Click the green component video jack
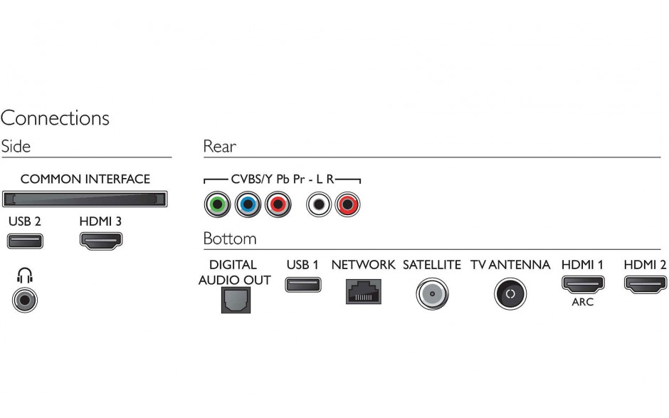click(x=217, y=204)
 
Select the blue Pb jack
click(x=248, y=204)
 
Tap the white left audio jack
click(x=319, y=204)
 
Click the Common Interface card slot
click(x=85, y=199)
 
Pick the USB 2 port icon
click(x=25, y=241)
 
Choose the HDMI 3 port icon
click(x=101, y=241)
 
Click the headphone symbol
click(x=25, y=276)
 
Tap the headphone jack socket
click(x=25, y=301)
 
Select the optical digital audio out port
click(x=236, y=301)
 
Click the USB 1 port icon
click(x=303, y=285)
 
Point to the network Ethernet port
click(x=364, y=292)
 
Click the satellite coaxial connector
click(x=432, y=294)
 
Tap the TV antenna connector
click(x=510, y=294)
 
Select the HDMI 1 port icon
click(x=583, y=284)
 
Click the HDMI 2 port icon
click(x=646, y=284)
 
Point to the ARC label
click(x=583, y=302)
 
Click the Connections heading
click(x=55, y=117)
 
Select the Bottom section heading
click(x=230, y=239)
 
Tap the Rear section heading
click(x=220, y=147)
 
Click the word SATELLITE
click(x=432, y=265)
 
